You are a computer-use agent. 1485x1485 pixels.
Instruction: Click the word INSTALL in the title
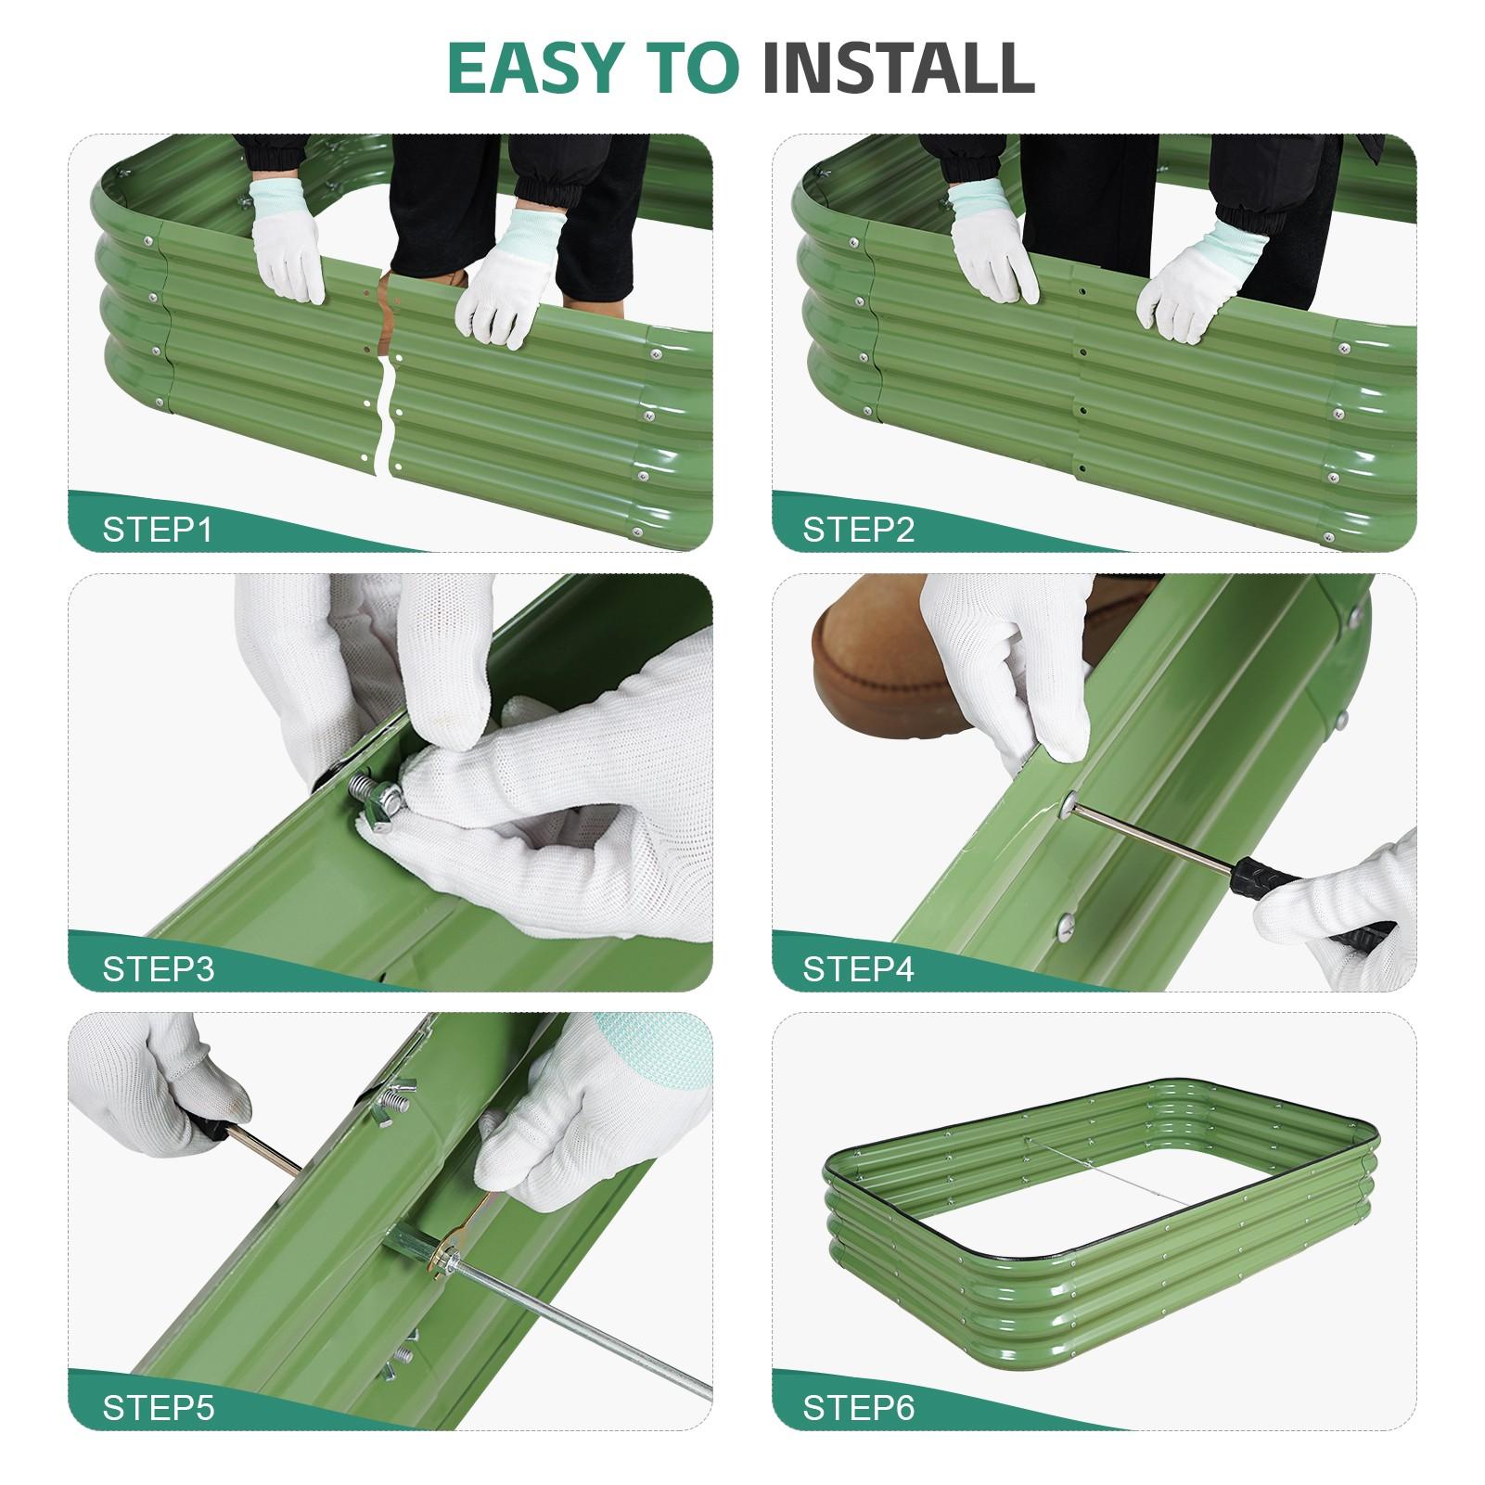click(x=898, y=67)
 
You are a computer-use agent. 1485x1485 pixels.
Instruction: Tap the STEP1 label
click(x=157, y=530)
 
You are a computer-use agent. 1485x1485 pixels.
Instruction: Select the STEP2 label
click(x=858, y=530)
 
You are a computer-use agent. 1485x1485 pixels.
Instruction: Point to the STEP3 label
click(x=158, y=969)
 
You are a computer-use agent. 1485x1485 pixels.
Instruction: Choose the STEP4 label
click(x=858, y=969)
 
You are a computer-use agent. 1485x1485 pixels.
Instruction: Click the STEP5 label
click(x=158, y=1408)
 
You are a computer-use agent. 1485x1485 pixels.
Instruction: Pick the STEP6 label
click(x=858, y=1408)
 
